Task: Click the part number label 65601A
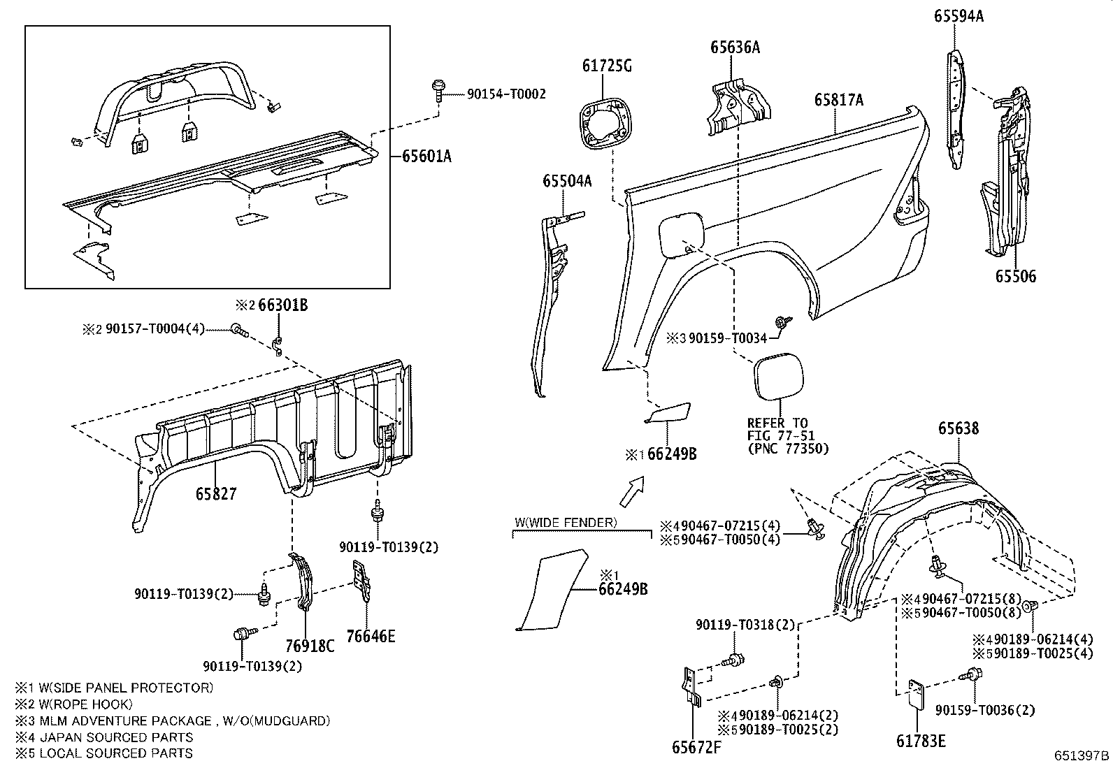pos(426,157)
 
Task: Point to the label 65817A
pos(838,100)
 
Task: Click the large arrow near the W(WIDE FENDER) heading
pos(631,491)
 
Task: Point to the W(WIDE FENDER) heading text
pos(566,522)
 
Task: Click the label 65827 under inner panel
pos(216,493)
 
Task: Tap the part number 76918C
pos(310,645)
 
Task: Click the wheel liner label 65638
pos(958,428)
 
